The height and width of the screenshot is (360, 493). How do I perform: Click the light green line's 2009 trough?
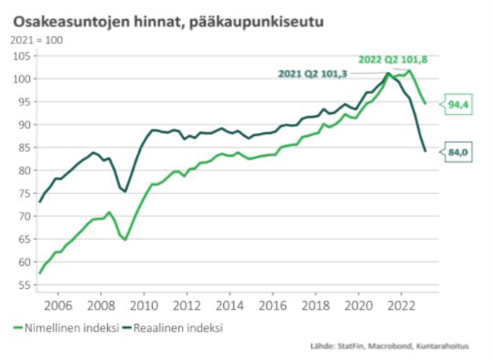[x=125, y=239]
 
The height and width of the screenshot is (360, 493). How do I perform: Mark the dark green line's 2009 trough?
[x=125, y=191]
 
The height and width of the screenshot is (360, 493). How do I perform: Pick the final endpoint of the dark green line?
[x=425, y=151]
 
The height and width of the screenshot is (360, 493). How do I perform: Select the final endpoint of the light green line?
[x=425, y=103]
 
